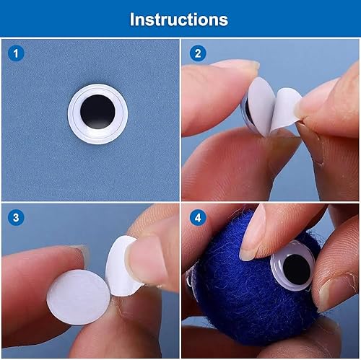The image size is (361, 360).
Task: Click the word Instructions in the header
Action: point(179,19)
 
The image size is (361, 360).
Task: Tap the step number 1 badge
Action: point(16,53)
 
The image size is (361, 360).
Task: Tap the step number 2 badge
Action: point(198,53)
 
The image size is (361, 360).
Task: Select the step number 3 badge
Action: point(16,218)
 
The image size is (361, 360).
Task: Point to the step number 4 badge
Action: point(198,218)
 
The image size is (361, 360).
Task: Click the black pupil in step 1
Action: point(97,112)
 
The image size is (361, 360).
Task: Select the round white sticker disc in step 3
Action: point(78,297)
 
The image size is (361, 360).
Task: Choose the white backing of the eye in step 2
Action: point(261,107)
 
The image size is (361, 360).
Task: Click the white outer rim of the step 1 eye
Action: point(97,138)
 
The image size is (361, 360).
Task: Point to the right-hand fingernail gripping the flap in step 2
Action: point(300,110)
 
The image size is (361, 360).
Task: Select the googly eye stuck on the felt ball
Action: point(293,266)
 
